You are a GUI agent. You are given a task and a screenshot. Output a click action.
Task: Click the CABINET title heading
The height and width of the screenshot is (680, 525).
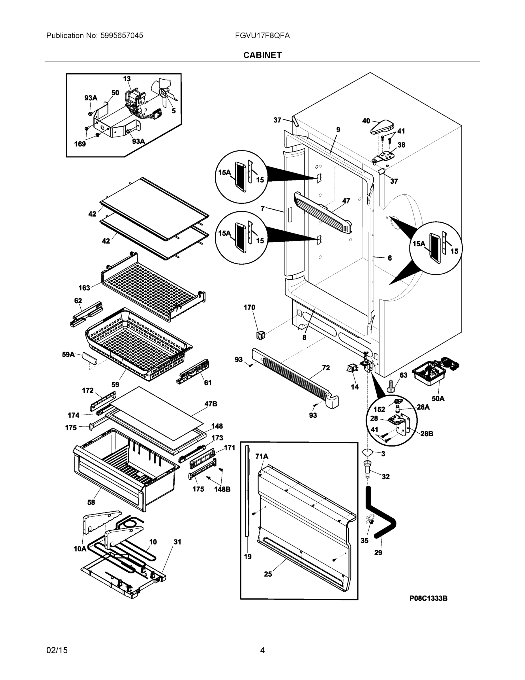[x=262, y=55]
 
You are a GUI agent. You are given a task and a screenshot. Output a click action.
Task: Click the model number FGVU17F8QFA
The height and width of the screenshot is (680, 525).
[x=262, y=35]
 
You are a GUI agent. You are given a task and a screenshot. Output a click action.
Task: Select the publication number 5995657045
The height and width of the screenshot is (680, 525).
[x=122, y=35]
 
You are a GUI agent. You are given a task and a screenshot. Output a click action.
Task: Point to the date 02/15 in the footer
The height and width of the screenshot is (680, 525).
[x=57, y=650]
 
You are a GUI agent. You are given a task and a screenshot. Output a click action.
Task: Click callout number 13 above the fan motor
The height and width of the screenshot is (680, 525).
[x=127, y=79]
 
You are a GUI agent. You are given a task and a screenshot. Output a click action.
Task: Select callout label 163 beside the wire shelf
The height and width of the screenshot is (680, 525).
[x=84, y=288]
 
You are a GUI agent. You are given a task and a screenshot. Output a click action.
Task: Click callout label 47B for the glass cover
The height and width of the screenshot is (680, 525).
[x=211, y=404]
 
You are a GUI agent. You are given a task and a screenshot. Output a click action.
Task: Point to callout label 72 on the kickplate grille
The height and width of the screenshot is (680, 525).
[x=326, y=368]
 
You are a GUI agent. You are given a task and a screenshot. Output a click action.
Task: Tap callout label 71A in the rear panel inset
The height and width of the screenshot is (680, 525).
[x=262, y=456]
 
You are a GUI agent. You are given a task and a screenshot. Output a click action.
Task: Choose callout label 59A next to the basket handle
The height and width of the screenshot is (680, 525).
[x=68, y=354]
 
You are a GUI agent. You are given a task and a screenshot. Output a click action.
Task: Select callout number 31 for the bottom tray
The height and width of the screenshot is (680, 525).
[x=177, y=542]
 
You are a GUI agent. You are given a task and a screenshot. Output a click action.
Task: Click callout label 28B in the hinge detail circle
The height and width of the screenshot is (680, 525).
[x=427, y=434]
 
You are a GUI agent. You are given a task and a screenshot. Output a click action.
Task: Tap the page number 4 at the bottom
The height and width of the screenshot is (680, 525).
[x=262, y=650]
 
